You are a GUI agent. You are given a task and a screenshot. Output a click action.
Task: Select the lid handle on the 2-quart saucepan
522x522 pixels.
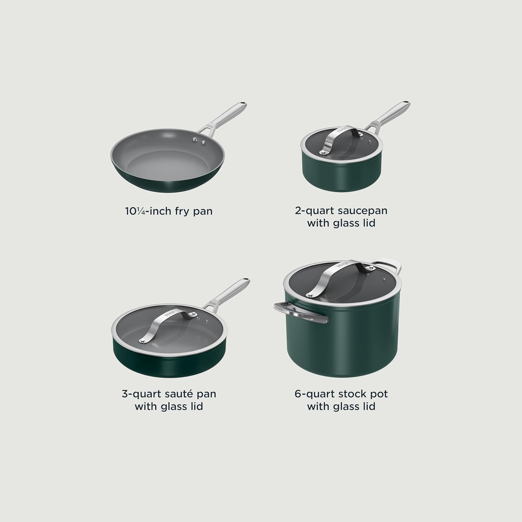click(x=341, y=139)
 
